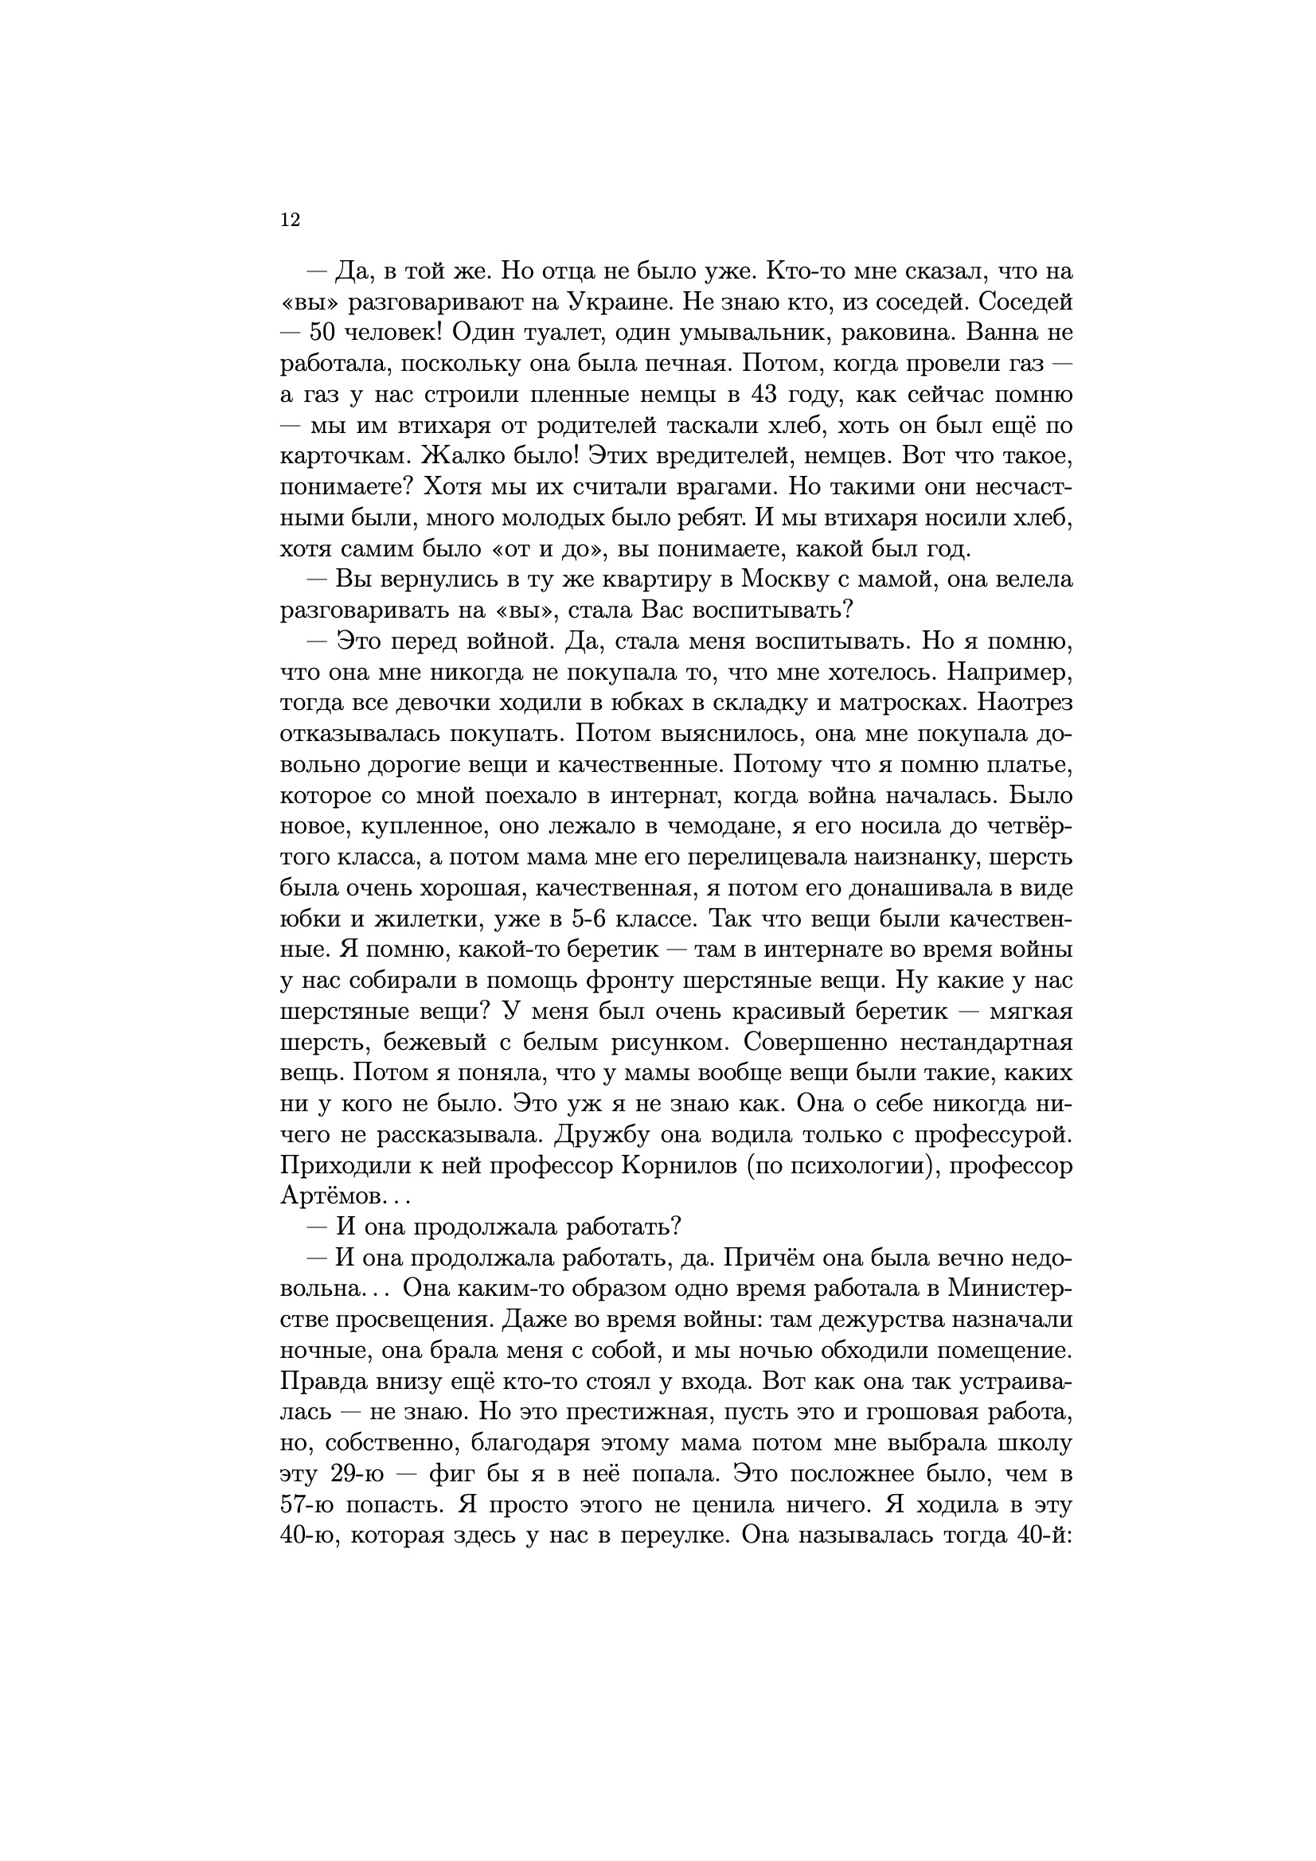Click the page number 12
[291, 220]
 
